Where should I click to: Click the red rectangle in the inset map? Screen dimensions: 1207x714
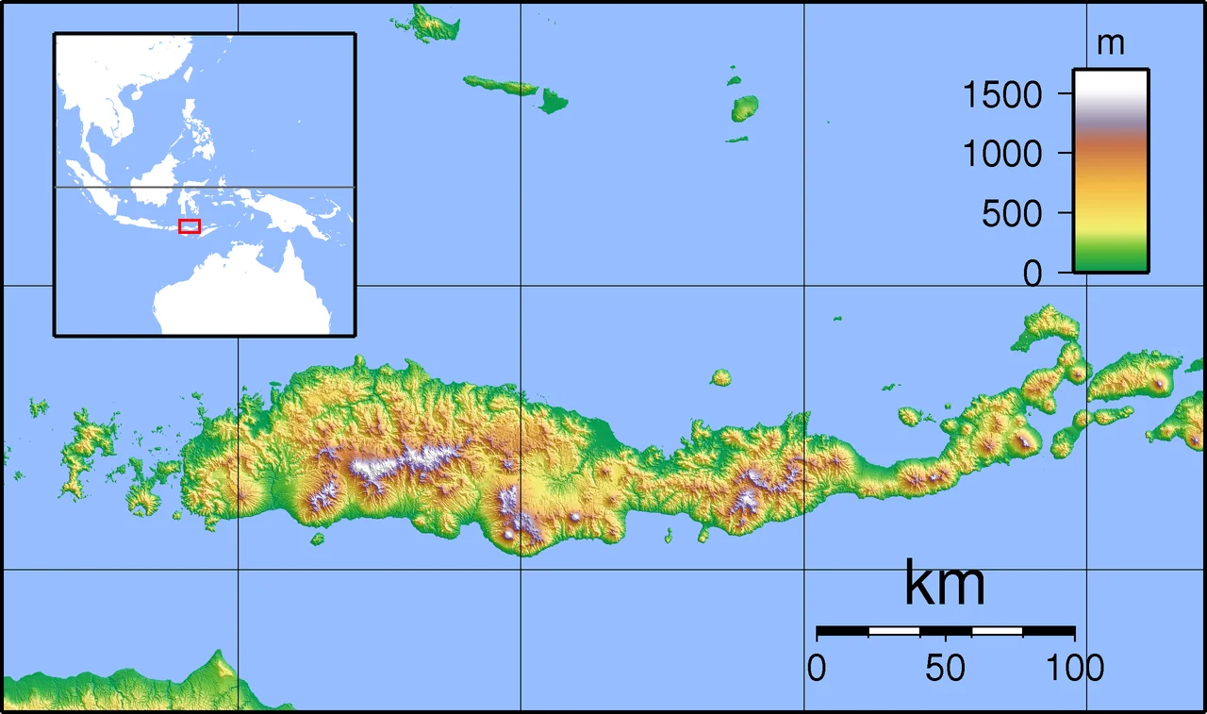pos(190,226)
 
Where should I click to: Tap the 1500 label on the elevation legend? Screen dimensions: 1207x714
pos(1002,94)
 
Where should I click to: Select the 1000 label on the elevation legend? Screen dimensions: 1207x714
pos(1002,153)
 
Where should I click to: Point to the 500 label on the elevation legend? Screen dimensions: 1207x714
pos(1012,215)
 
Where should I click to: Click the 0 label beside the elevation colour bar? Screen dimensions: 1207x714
pos(1033,274)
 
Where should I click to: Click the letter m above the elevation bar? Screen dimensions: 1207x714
pos(1112,43)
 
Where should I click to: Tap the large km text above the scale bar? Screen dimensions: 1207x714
pos(945,584)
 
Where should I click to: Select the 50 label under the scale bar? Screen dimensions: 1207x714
pos(945,668)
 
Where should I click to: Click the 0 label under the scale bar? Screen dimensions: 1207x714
pos(817,668)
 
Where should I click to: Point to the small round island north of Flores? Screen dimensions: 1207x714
pos(720,378)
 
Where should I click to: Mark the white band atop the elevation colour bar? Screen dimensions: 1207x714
pos(1110,85)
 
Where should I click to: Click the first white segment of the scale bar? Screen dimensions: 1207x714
pos(893,630)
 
